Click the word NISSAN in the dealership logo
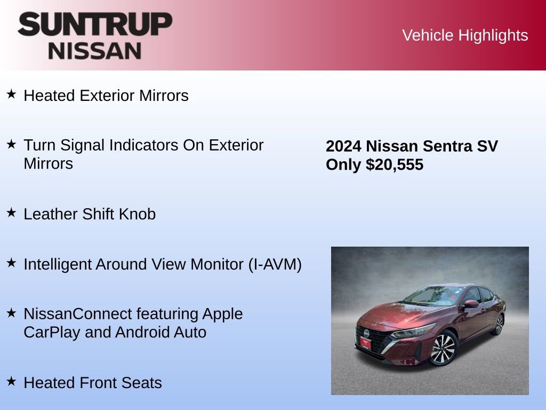95,51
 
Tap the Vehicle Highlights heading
465,35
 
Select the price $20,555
395,165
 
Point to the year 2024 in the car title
343,146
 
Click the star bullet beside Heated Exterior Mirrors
11,94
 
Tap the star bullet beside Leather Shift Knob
11,213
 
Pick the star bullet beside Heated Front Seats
11,382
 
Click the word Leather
51,214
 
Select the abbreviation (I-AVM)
275,264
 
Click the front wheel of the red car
443,348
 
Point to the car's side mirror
471,304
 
